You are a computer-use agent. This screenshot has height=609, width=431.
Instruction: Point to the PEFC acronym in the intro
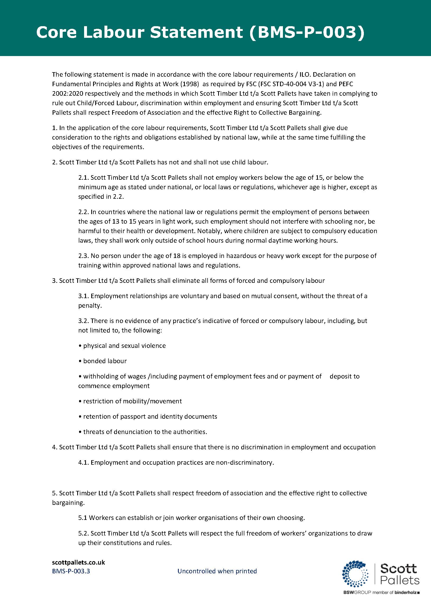(346, 84)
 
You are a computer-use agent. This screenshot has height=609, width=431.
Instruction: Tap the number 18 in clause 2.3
(177, 256)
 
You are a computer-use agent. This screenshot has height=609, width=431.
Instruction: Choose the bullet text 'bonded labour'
(105, 361)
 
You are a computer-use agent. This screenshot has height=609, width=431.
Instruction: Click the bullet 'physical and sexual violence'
(124, 346)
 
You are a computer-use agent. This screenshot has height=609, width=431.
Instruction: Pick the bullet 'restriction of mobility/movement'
(132, 401)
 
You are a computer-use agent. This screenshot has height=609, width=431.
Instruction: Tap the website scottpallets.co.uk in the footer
(79, 562)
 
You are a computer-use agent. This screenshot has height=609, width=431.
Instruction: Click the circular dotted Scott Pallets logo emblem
(355, 574)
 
